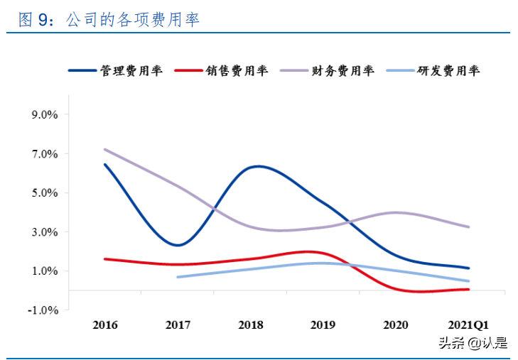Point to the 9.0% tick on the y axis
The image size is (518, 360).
point(44,115)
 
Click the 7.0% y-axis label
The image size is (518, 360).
point(44,154)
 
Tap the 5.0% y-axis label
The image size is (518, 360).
point(44,193)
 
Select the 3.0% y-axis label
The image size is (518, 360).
point(44,232)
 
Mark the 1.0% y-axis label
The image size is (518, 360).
point(44,271)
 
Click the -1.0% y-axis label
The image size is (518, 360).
point(42,310)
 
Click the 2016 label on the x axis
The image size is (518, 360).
point(105,325)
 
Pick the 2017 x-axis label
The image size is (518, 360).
point(178,325)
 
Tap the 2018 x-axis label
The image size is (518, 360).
point(251,325)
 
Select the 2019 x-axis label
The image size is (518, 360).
point(323,325)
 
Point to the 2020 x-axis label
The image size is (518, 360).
point(396,325)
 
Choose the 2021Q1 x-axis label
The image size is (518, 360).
point(468,325)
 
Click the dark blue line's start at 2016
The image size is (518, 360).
point(105,165)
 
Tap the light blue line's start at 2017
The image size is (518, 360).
point(178,277)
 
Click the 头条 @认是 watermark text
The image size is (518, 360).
point(473,344)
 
